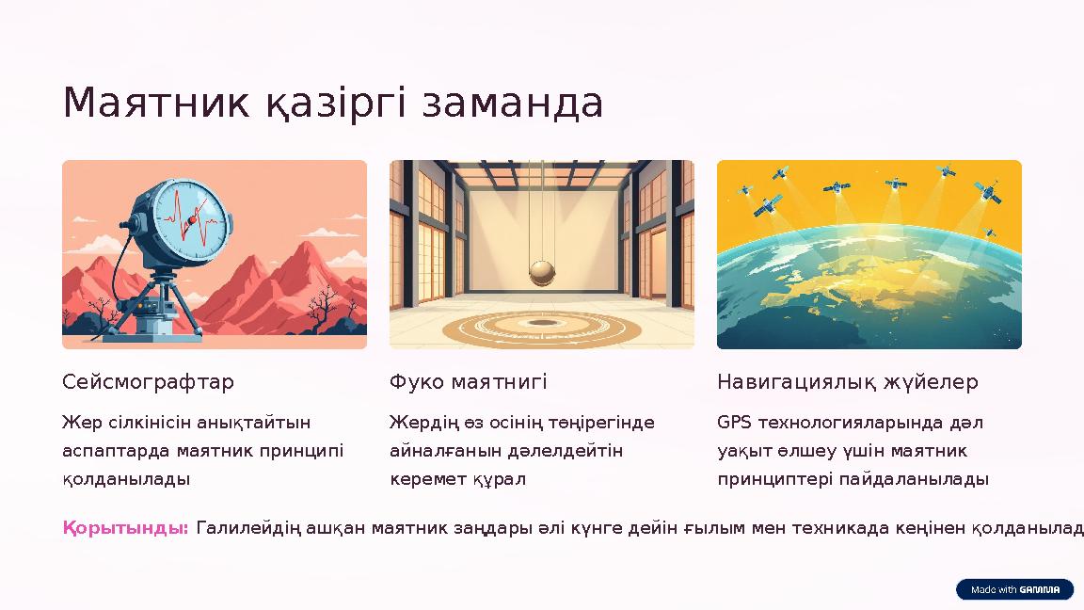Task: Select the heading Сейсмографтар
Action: [149, 382]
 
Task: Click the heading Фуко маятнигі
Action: [469, 382]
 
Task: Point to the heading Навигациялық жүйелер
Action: [848, 382]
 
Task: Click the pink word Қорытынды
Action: [126, 528]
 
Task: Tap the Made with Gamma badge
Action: [1014, 589]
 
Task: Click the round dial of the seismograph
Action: [191, 218]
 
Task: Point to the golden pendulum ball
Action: [542, 272]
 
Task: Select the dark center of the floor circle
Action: [542, 324]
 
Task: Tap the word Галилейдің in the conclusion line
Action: [248, 528]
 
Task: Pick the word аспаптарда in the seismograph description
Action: [116, 450]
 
